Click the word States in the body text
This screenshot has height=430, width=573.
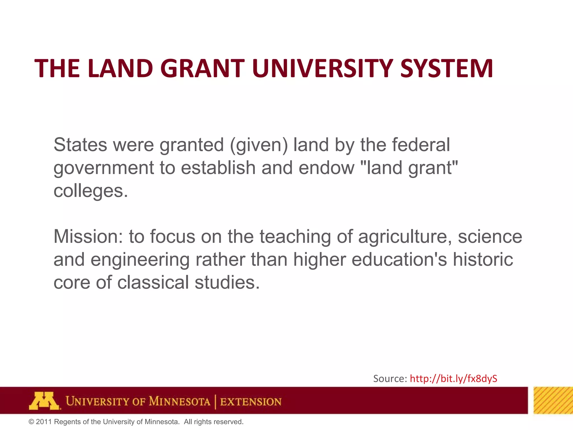(x=80, y=145)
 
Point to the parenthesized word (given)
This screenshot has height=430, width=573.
(x=259, y=145)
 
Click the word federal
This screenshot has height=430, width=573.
(x=421, y=145)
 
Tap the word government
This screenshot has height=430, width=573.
(x=104, y=168)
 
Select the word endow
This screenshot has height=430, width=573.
(x=327, y=168)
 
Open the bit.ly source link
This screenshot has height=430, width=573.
(x=454, y=378)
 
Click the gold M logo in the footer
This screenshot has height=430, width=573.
(x=44, y=401)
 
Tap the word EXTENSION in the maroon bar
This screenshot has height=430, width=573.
(x=251, y=402)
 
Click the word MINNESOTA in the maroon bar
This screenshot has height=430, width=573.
(x=179, y=401)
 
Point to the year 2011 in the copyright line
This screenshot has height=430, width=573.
(x=44, y=422)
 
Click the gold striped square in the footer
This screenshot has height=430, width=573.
(x=553, y=400)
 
